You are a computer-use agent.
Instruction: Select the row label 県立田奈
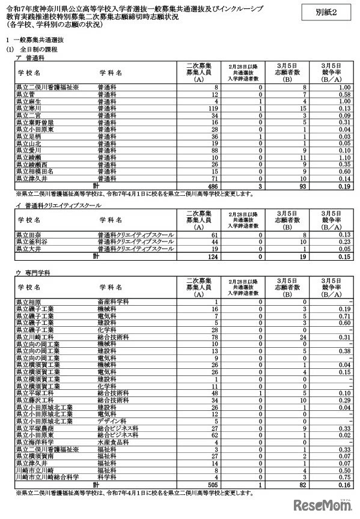pos(26,234)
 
